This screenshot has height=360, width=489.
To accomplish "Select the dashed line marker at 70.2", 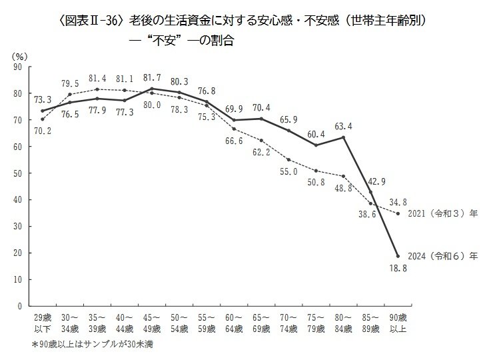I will click(43, 119).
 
